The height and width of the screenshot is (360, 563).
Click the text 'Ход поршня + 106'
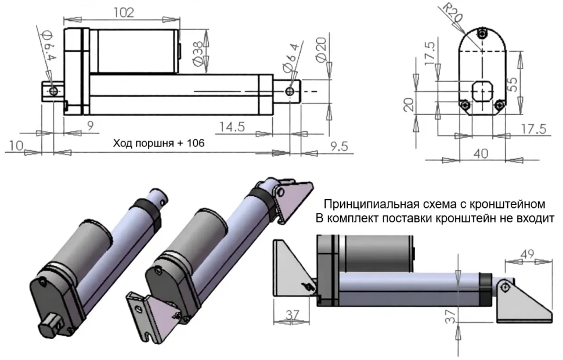[x=158, y=142]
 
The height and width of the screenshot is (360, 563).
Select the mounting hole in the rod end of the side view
[x=289, y=91]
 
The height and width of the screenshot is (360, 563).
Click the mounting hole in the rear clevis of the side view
[x=53, y=91]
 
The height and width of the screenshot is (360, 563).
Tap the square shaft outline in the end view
[x=482, y=92]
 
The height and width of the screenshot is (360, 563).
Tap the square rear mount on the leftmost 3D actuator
[x=53, y=322]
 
